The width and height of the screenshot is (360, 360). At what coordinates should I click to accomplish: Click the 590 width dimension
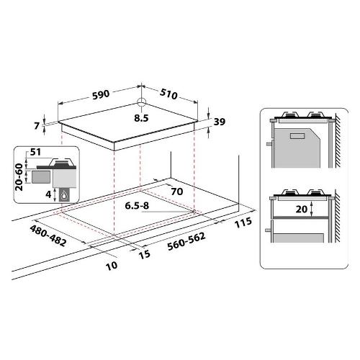(x=101, y=94)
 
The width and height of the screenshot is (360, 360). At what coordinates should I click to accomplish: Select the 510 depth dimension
(x=168, y=94)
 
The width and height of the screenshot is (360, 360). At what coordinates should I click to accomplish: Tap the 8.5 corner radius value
(x=141, y=118)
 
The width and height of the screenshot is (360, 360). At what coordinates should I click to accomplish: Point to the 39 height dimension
(x=220, y=122)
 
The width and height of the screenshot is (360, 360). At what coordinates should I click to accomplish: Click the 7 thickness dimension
(x=37, y=126)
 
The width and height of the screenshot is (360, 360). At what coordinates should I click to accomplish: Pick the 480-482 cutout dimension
(x=48, y=235)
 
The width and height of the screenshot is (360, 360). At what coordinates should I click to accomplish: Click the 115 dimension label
(x=243, y=222)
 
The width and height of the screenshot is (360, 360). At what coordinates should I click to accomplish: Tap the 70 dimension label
(x=177, y=192)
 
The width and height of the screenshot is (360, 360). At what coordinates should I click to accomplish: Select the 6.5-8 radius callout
(x=137, y=206)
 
